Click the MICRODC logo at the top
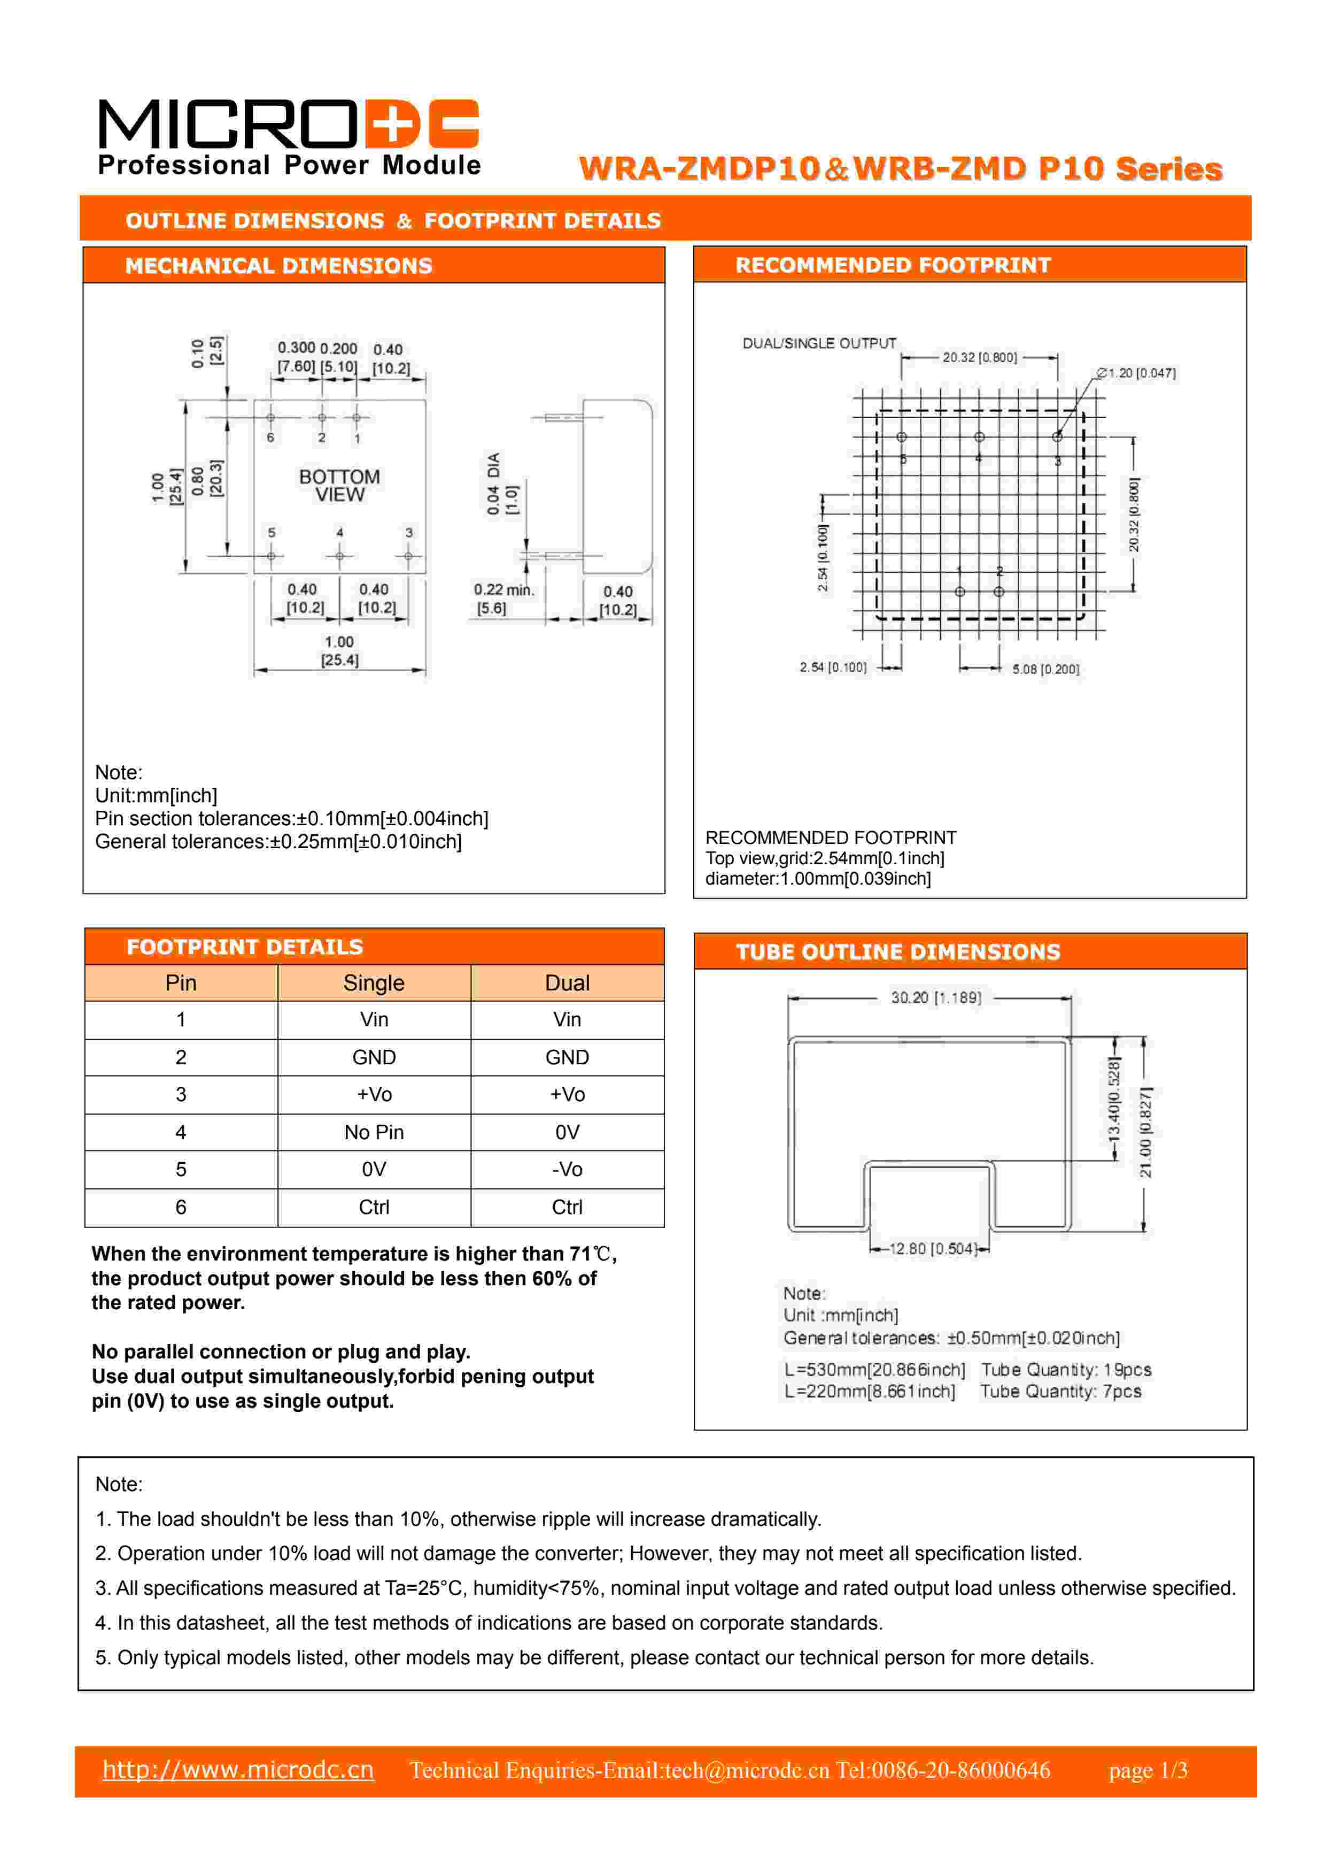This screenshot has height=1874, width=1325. point(288,135)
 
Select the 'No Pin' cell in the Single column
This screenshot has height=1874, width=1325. point(374,1132)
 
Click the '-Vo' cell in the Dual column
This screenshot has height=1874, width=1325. point(567,1170)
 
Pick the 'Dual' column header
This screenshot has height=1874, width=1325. point(567,982)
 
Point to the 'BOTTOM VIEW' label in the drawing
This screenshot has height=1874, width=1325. point(339,486)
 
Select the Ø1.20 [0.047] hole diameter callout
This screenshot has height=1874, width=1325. point(1136,373)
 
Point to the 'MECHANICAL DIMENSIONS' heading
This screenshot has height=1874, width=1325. point(278,266)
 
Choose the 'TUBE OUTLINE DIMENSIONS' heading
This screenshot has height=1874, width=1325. point(897,951)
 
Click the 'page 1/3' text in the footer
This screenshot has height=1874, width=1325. point(1147,1770)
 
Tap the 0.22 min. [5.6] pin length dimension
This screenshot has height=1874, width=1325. point(502,598)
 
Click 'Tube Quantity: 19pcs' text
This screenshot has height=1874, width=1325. point(1066,1370)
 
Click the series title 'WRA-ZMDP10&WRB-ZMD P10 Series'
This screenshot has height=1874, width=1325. point(900,169)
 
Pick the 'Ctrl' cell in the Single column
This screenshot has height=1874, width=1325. point(374,1207)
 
